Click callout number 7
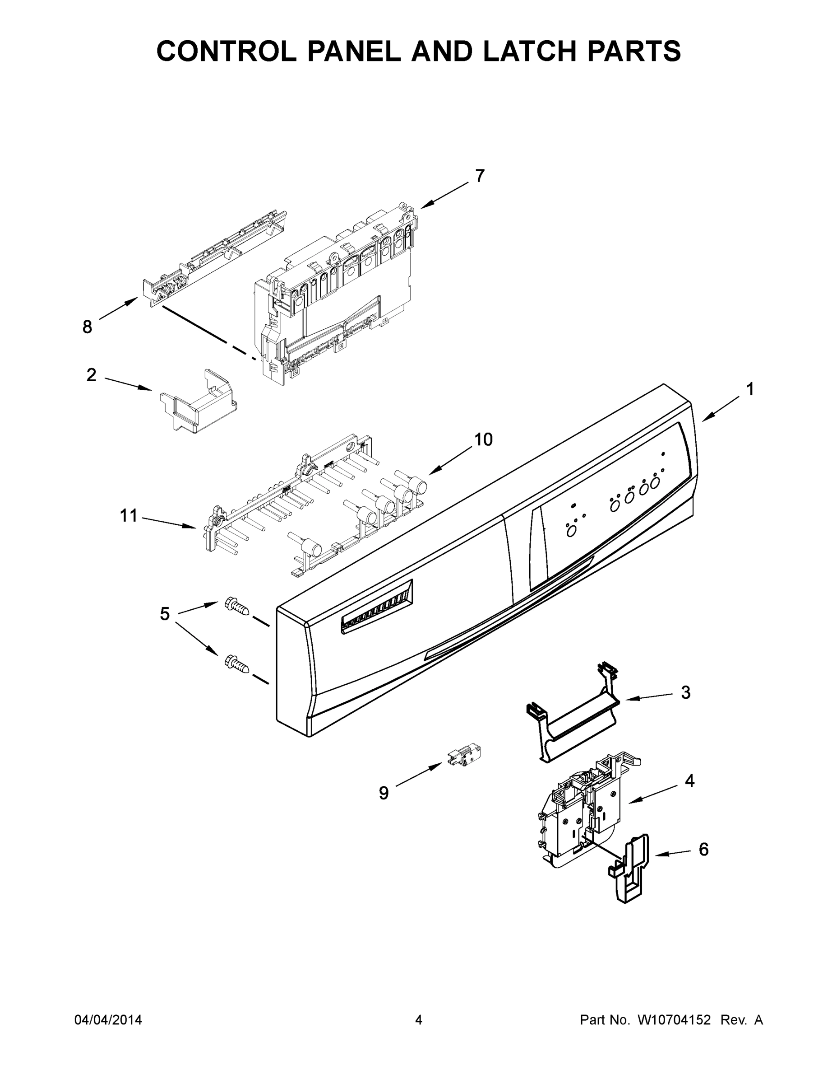480,176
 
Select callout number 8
87,327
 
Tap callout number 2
91,375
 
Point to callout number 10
483,439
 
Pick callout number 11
129,516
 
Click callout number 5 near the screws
165,614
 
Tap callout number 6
703,849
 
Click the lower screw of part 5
236,662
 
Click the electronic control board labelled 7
337,293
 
